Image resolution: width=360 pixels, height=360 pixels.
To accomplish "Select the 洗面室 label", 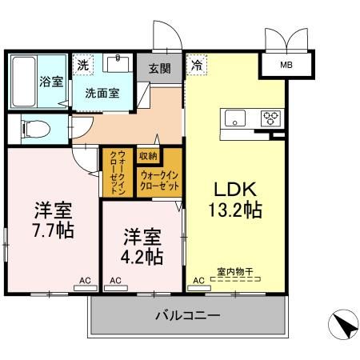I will (x=103, y=92).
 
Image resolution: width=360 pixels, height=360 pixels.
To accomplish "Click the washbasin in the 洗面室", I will (x=122, y=63).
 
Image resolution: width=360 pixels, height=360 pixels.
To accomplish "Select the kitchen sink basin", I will (x=236, y=119).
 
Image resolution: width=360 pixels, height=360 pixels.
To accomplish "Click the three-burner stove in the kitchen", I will (x=270, y=119).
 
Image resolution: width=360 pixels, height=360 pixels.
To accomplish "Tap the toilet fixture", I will (x=32, y=128).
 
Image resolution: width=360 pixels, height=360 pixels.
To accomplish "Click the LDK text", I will (x=233, y=190).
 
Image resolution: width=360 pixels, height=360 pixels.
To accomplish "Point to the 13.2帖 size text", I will (x=233, y=211).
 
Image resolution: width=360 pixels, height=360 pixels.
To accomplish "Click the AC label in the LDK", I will (x=199, y=281).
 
